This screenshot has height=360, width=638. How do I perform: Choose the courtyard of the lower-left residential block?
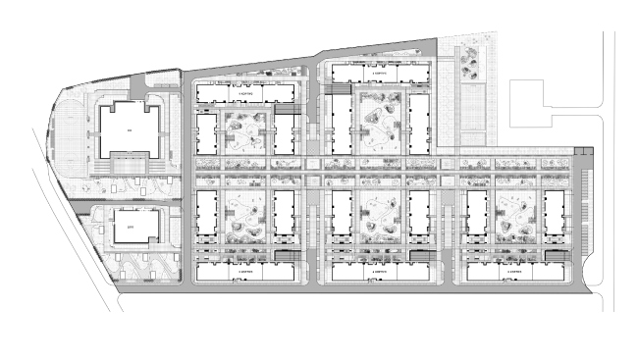(243, 217)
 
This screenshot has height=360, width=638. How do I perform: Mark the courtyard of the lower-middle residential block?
(379, 219)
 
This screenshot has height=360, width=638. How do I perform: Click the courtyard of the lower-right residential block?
(514, 217)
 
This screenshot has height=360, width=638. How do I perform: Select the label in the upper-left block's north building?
(243, 92)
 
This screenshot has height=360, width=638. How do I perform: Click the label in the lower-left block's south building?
(243, 271)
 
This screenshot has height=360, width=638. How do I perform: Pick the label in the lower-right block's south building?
(514, 271)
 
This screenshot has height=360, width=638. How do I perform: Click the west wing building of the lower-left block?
(206, 217)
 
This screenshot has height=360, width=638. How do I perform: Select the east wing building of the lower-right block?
(554, 217)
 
